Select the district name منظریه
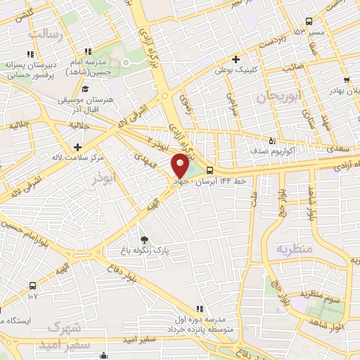(292, 249)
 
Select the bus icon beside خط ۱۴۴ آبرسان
(210, 169)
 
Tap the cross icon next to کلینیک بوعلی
(236, 59)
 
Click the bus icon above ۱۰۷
(32, 285)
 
